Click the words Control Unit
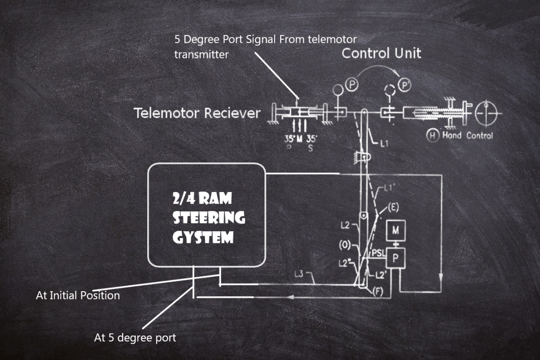coord(381,53)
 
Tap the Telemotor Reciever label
coord(197,113)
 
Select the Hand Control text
coord(468,136)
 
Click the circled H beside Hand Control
coord(432,136)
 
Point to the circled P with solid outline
coord(353,85)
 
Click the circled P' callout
coord(404,85)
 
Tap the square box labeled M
coord(396,230)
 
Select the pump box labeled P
coord(395,258)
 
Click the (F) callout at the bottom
coord(378,292)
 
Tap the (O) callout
coord(345,246)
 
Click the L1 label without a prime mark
coord(384,144)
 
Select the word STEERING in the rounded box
coord(209,217)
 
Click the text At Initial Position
coord(78,295)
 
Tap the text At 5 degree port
coord(135,338)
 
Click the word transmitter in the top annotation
coord(201,54)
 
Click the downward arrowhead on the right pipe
coord(441,277)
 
